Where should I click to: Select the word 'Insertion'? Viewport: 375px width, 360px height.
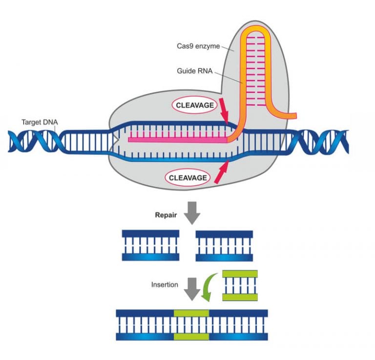pyautogui.click(x=165, y=285)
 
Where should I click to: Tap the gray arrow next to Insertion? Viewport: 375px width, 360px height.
pyautogui.click(x=193, y=289)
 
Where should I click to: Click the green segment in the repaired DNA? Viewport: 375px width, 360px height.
pyautogui.click(x=191, y=324)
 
